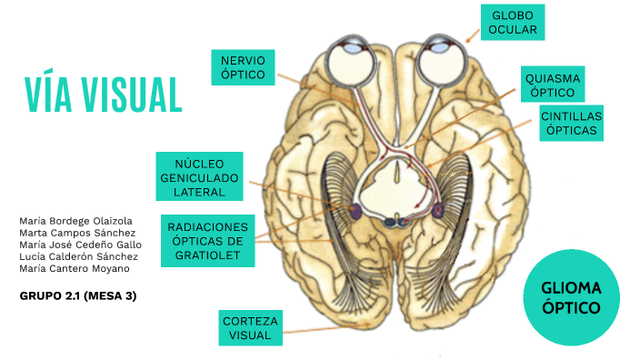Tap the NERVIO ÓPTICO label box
(243, 67)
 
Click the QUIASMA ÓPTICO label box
(553, 85)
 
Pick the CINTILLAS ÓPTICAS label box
(571, 124)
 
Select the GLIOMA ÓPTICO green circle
(571, 297)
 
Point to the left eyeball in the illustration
(349, 64)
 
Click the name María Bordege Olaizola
(75, 221)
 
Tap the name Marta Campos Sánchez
(77, 233)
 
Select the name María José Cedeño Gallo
(80, 245)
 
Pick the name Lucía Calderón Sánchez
(78, 256)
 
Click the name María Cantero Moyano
(74, 268)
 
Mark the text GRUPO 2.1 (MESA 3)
(77, 295)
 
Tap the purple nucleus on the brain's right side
(439, 210)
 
